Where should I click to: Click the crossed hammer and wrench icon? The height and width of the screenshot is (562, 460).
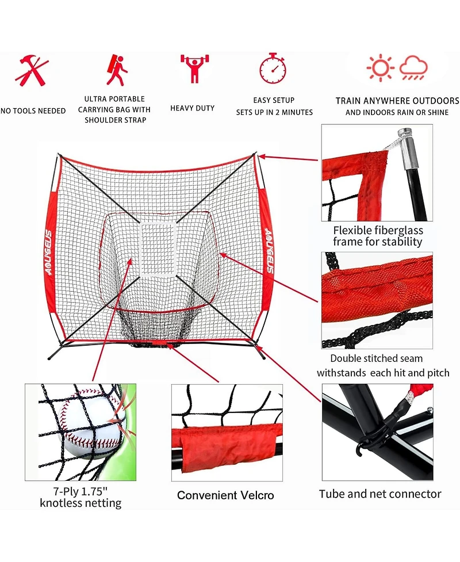(x=32, y=70)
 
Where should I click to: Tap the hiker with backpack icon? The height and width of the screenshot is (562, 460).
(x=117, y=70)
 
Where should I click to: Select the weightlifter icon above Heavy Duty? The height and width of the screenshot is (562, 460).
(x=194, y=68)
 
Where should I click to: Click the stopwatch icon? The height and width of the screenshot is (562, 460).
(x=273, y=68)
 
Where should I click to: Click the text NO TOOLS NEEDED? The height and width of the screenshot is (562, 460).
(x=33, y=110)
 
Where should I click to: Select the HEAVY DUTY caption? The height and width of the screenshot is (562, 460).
(x=192, y=108)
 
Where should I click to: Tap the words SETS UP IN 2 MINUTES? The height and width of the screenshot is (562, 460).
(x=274, y=112)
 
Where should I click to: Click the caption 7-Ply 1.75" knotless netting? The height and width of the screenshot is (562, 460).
(x=80, y=497)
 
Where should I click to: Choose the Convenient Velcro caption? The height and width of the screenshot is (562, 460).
(x=225, y=495)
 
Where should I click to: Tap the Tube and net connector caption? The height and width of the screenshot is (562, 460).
(x=380, y=494)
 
